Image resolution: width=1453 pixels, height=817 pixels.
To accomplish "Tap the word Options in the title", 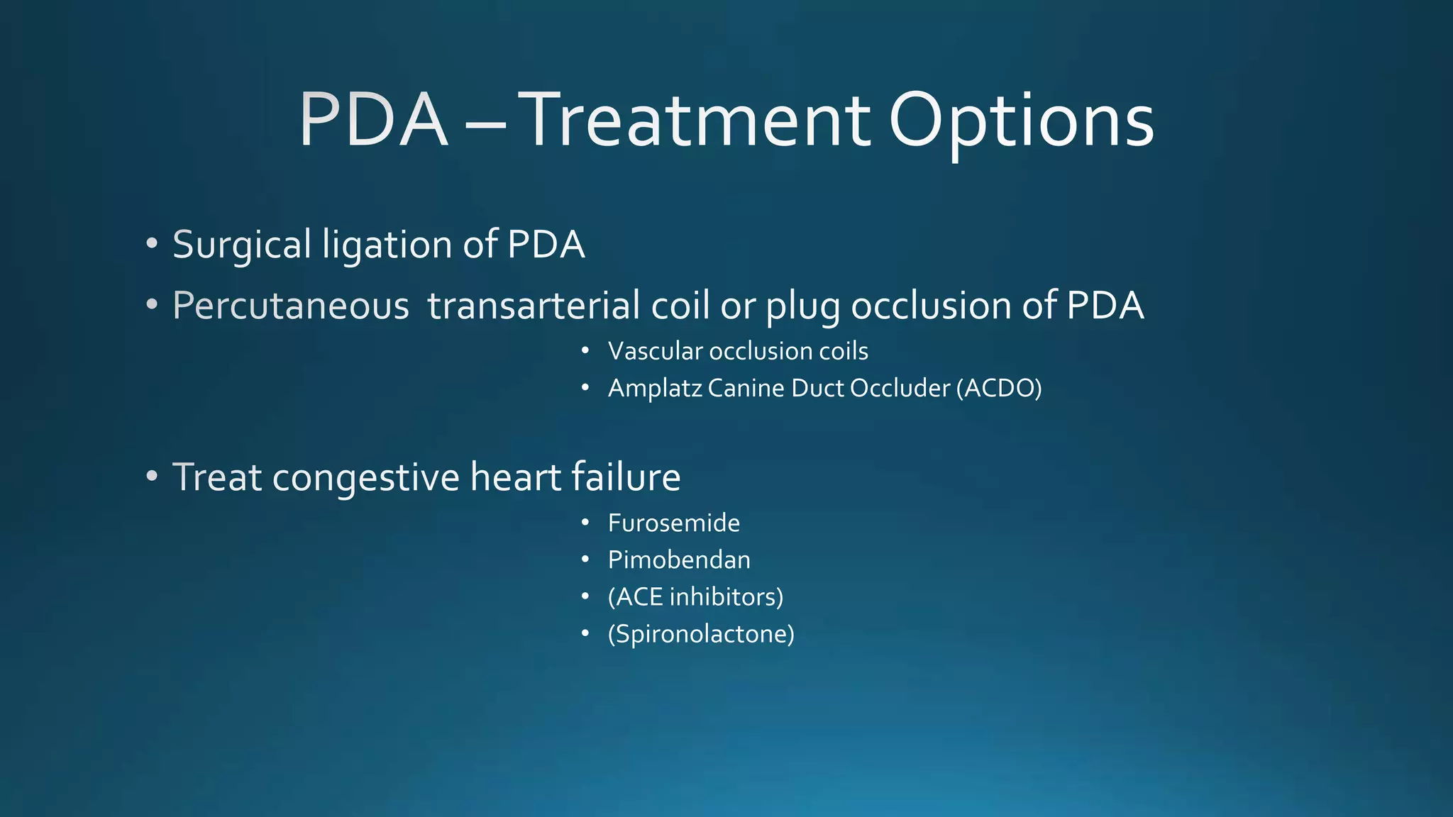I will pos(1022,122).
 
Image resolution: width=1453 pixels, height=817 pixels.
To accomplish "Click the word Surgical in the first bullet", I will pos(242,245).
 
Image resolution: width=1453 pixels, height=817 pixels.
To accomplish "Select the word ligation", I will pos(387,246).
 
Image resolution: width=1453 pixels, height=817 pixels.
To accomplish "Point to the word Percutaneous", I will pos(291,306).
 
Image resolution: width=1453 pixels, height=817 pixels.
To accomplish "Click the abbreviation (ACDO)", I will pos(999,388).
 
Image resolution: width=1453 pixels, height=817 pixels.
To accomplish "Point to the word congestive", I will pos(366,478).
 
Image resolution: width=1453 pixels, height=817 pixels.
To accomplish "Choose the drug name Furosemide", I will pos(674,523).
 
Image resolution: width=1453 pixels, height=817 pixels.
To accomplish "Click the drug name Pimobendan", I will pos(679,560).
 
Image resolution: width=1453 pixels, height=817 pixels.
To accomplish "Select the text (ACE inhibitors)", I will pos(695,597).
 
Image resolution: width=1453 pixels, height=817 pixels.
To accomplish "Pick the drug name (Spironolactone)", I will pos(701,634).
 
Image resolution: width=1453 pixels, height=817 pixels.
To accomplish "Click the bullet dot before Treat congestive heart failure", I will pos(152,476).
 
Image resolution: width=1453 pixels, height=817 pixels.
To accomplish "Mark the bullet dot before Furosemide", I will pos(585,523).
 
